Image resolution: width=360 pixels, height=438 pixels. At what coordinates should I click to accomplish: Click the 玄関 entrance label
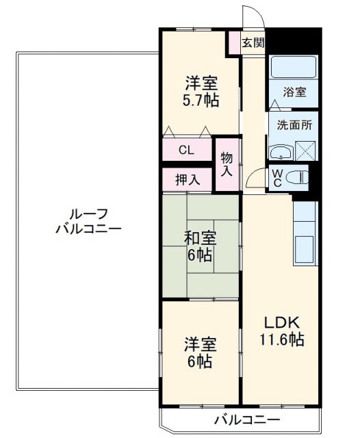coord(253,42)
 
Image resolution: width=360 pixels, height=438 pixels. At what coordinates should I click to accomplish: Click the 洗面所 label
coord(294,125)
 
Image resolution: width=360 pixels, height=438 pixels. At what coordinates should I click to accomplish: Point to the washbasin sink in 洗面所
coord(281,152)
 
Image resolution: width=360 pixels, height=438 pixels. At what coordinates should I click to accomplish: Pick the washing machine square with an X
coord(305,151)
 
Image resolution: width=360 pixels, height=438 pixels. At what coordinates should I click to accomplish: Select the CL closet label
coord(186,150)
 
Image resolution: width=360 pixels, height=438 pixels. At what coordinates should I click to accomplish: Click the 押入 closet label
coord(187,180)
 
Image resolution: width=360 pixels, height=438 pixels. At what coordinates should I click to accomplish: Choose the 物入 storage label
coord(227,164)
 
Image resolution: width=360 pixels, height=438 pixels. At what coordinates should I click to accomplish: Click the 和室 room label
coord(200,238)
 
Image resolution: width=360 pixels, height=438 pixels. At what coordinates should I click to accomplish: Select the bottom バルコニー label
coord(246,420)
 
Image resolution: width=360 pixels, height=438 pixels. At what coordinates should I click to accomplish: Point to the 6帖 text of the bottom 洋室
coord(201,361)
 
